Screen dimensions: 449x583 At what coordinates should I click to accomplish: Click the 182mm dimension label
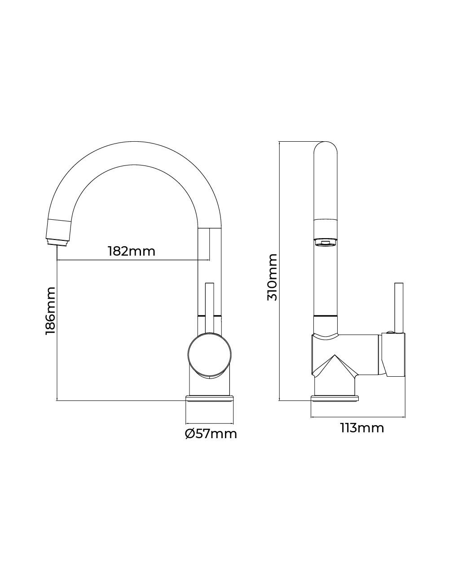click(132, 252)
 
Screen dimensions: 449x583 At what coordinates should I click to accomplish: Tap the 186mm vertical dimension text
click(50, 310)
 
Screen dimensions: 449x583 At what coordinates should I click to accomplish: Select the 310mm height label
click(272, 277)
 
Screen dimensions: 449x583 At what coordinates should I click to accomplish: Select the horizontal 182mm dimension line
click(133, 260)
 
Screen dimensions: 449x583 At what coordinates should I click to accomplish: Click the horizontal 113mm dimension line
click(358, 418)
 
